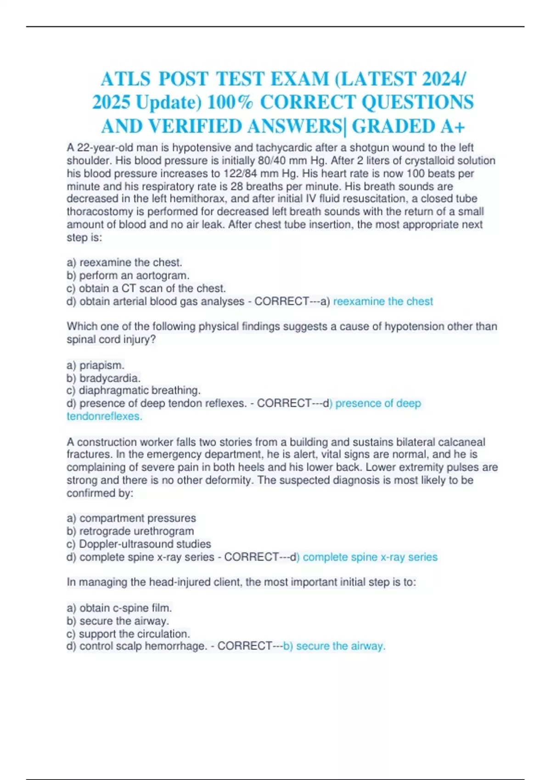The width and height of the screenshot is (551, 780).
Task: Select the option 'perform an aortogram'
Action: [134, 275]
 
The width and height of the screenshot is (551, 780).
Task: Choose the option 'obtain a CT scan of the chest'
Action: [152, 288]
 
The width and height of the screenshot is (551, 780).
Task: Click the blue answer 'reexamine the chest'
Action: [383, 301]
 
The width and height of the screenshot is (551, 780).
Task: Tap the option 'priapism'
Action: [101, 365]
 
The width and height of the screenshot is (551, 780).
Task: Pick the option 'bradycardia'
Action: [110, 378]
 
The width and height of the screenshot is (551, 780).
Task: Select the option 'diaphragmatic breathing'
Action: [140, 390]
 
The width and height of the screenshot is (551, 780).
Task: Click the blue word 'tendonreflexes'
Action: [104, 416]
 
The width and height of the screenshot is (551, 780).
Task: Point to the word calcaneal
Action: [461, 442]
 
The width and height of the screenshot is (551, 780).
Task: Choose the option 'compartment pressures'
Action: [137, 518]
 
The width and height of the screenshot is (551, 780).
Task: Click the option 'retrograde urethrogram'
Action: [136, 531]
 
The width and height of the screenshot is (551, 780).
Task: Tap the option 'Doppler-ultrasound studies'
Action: [145, 544]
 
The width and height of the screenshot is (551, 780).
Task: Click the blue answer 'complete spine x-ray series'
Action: [370, 557]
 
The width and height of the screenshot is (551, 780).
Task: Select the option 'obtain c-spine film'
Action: [125, 608]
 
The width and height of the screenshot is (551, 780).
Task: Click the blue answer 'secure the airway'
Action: [340, 646]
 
